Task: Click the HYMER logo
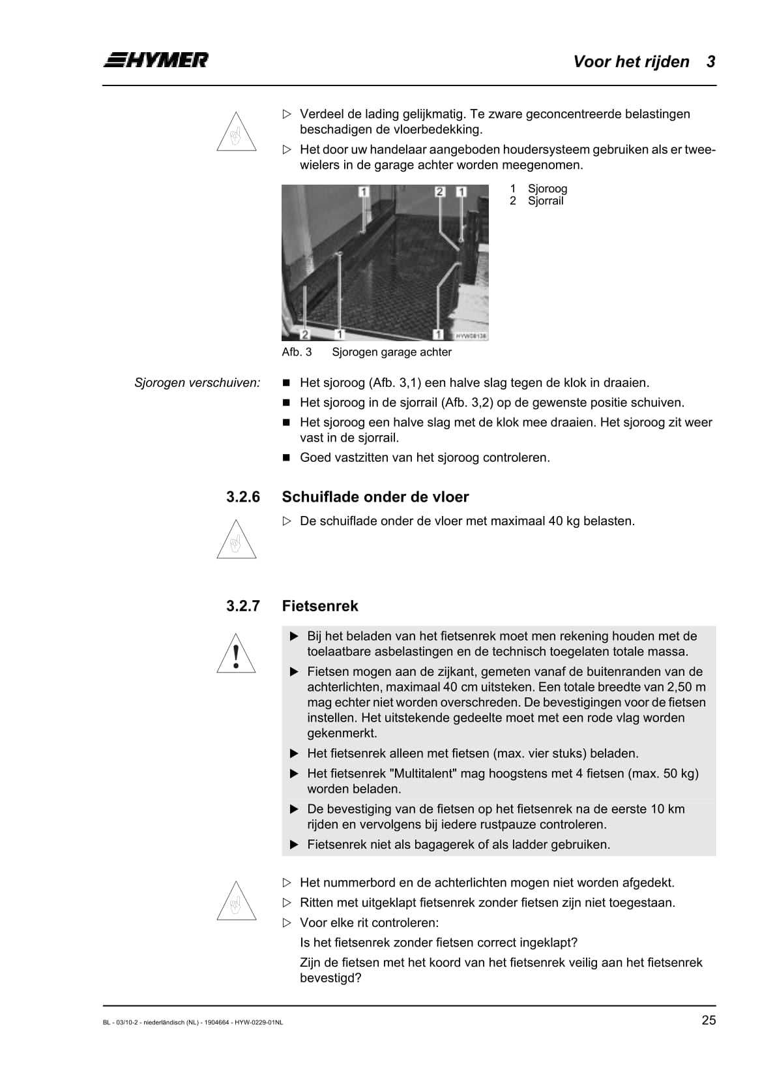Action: click(156, 60)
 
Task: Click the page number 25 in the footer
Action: click(708, 1021)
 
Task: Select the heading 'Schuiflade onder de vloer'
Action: click(375, 497)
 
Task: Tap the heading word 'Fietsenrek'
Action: click(319, 606)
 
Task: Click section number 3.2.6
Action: click(242, 497)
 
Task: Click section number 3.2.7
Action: click(242, 606)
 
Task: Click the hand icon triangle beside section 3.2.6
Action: click(236, 540)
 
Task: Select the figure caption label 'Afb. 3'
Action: click(297, 352)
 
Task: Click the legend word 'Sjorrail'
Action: click(546, 201)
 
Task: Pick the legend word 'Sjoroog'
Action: click(548, 189)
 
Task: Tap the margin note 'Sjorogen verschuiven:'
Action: click(197, 383)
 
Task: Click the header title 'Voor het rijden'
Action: click(631, 62)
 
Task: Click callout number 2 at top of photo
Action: click(440, 191)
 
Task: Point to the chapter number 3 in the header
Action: click(710, 62)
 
